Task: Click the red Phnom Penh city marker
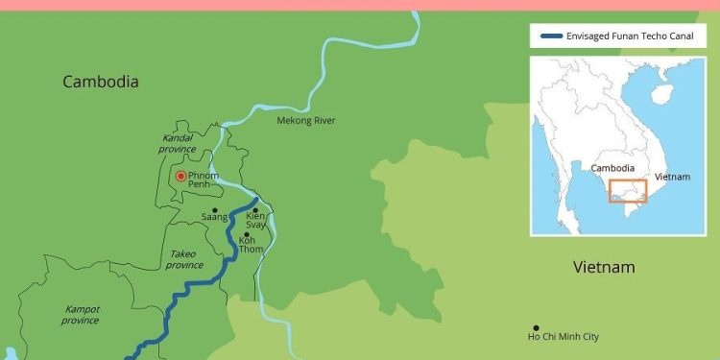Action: click(180, 177)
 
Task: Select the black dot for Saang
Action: click(215, 209)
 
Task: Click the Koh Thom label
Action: click(251, 245)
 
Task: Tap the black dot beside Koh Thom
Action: click(248, 234)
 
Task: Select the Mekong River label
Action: click(306, 120)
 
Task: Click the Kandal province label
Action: click(177, 143)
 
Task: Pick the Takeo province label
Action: click(185, 259)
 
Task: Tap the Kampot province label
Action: click(82, 314)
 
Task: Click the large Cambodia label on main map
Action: click(101, 83)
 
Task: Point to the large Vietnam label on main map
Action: click(604, 267)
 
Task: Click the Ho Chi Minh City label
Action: click(564, 336)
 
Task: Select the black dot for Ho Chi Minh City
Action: click(536, 327)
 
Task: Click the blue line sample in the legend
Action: click(552, 36)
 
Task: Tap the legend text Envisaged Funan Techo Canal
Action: click(630, 36)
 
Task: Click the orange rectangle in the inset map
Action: click(628, 191)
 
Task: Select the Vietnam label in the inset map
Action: click(672, 178)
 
